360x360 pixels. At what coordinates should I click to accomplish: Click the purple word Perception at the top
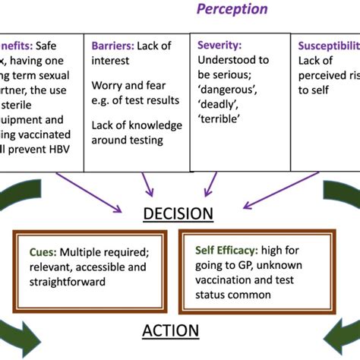[x=232, y=9]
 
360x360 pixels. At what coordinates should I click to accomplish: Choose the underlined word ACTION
[x=170, y=331]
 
